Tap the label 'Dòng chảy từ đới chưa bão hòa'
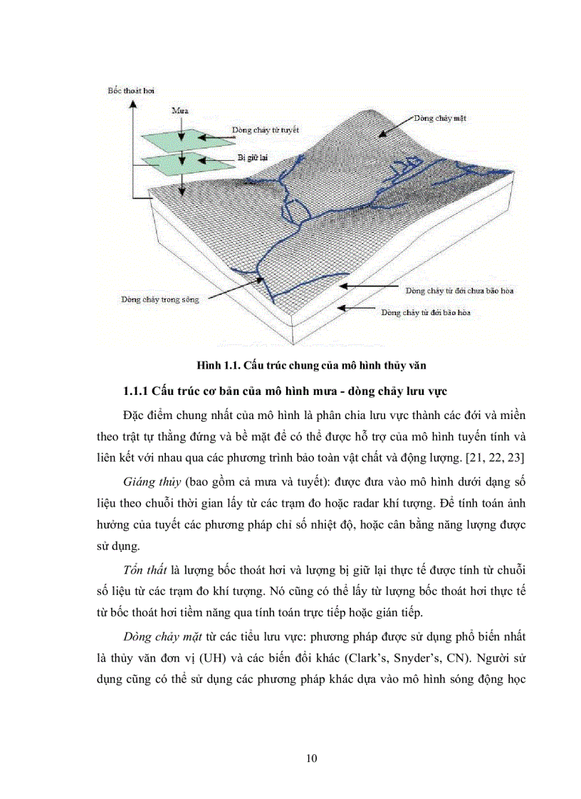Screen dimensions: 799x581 (459, 290)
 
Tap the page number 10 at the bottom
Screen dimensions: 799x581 (311, 758)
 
